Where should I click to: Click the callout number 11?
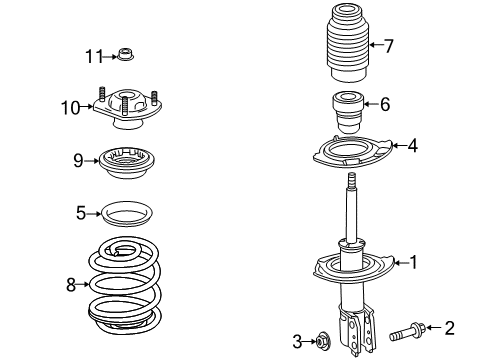pyautogui.click(x=93, y=54)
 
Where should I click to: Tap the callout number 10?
pyautogui.click(x=69, y=107)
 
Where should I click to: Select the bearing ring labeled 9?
pyautogui.click(x=128, y=160)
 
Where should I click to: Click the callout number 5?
pyautogui.click(x=82, y=212)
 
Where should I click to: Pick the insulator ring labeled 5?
pyautogui.click(x=127, y=214)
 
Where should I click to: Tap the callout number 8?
pyautogui.click(x=71, y=285)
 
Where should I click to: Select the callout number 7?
pyautogui.click(x=389, y=44)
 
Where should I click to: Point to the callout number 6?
pyautogui.click(x=384, y=103)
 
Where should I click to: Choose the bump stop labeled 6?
pyautogui.click(x=347, y=107)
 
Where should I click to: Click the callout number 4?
pyautogui.click(x=412, y=146)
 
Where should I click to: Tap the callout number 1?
pyautogui.click(x=410, y=263)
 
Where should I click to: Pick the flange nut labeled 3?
pyautogui.click(x=325, y=341)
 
